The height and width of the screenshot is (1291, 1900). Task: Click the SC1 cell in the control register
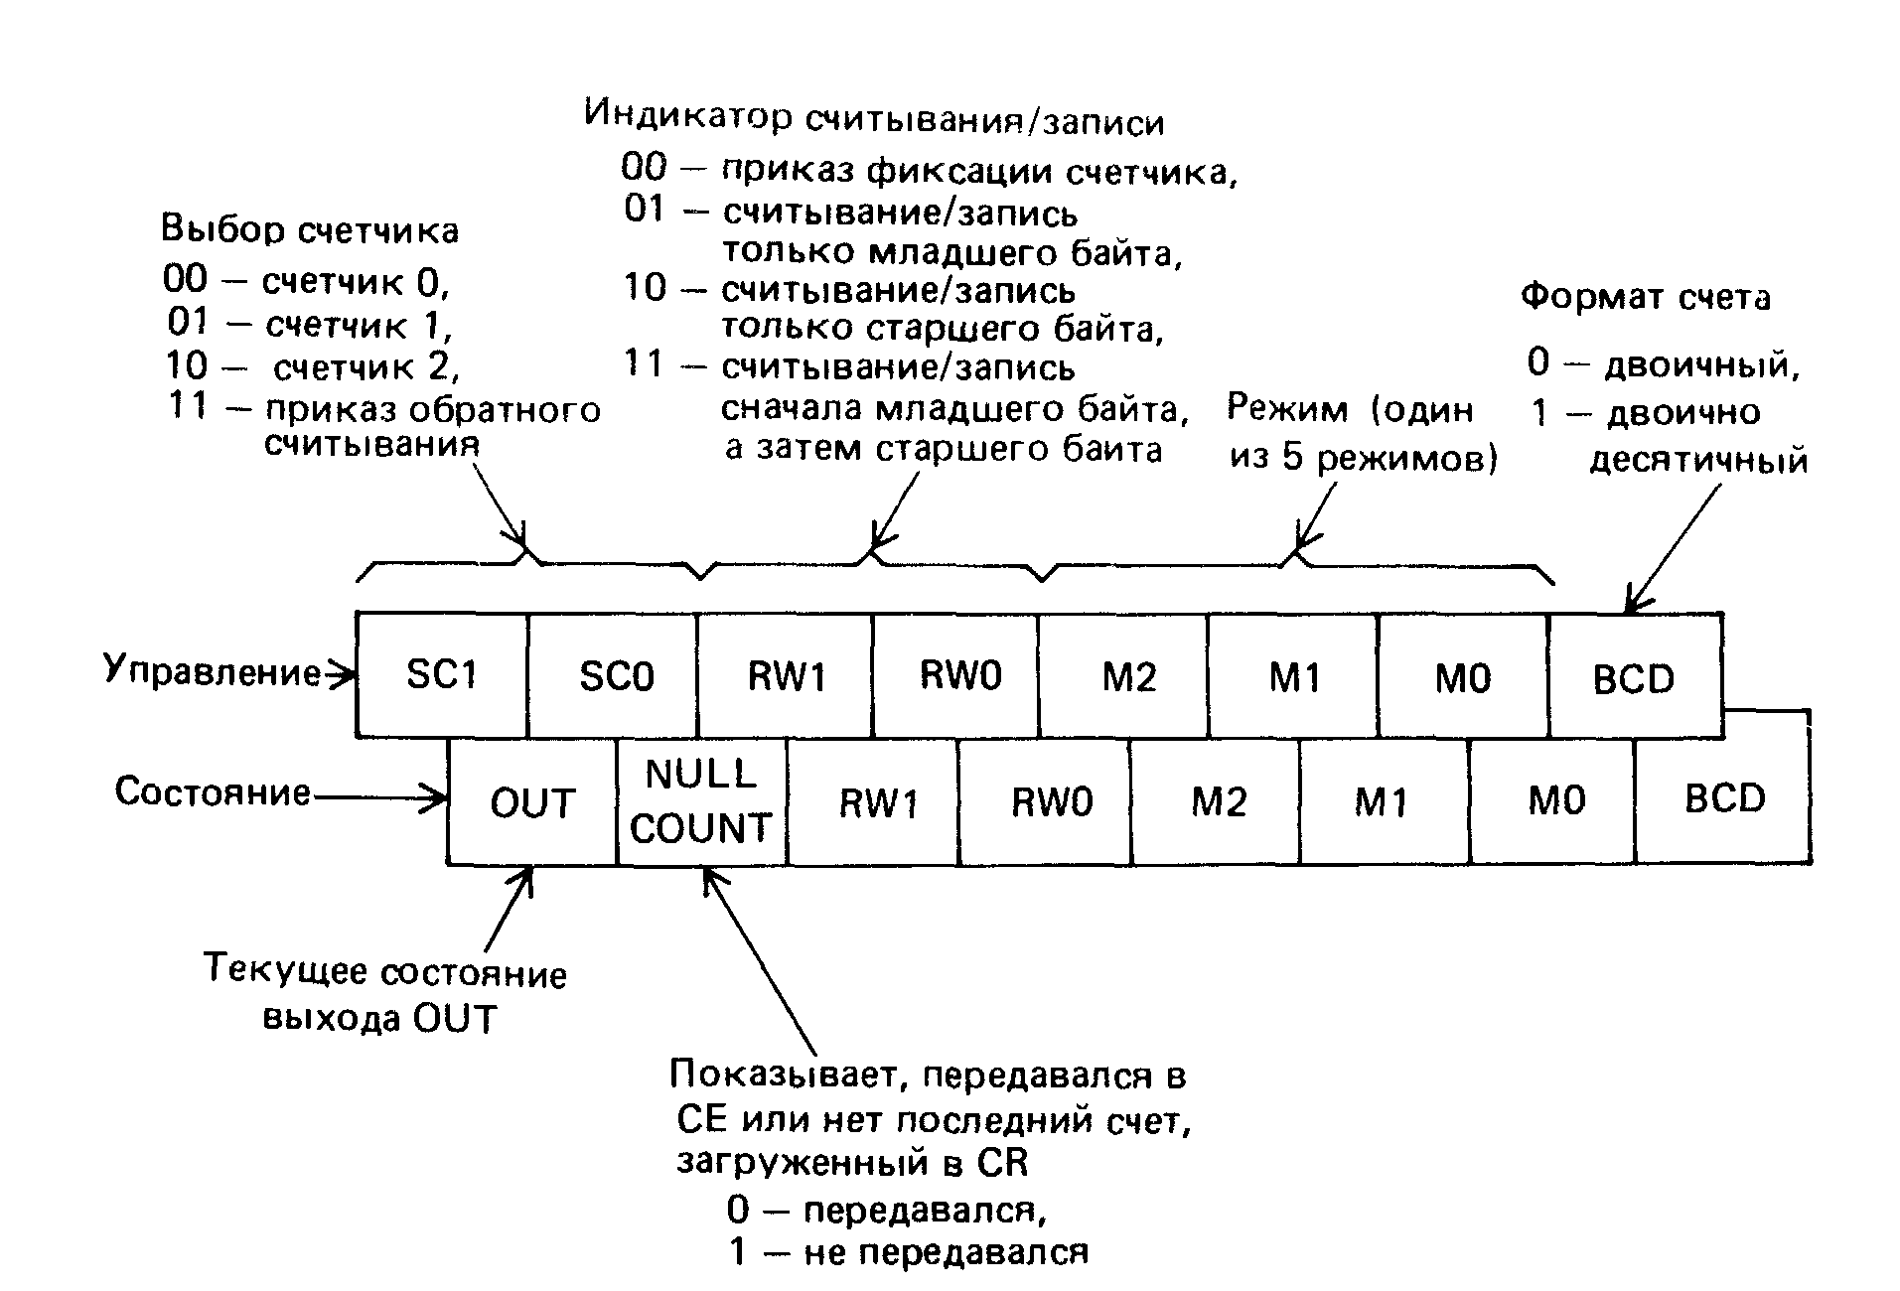pos(442,675)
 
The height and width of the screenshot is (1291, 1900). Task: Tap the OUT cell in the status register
pos(532,802)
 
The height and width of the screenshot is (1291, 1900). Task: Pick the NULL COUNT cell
pos(701,800)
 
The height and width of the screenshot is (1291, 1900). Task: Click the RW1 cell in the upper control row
pos(786,675)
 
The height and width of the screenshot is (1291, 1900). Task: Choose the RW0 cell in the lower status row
pos(1051,800)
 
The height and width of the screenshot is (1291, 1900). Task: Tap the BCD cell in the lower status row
pos(1724,798)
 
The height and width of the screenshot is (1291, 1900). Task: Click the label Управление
pos(213,671)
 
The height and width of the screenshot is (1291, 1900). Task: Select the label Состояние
pos(213,792)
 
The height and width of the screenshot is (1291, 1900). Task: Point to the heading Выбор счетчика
pos(310,230)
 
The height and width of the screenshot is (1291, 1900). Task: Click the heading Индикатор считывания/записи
pos(874,118)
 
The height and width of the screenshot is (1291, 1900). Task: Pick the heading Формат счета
pos(1645,297)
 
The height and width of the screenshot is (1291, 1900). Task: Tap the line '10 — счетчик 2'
pos(312,367)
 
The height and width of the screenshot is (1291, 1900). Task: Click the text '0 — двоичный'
pos(1664,364)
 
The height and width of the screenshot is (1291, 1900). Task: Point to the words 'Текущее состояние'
pos(385,971)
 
